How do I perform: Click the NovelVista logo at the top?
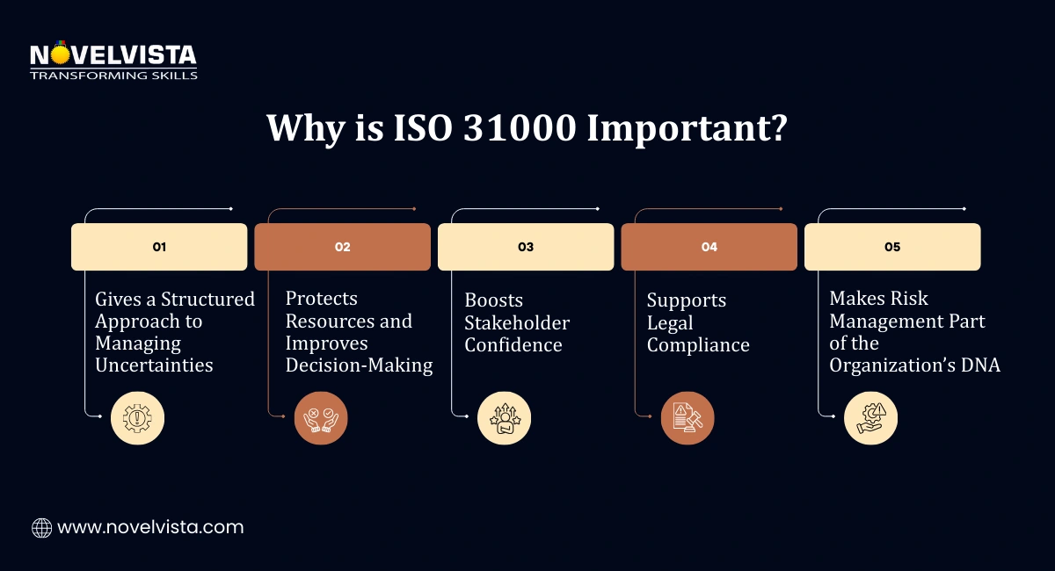point(113,61)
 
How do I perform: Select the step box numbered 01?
point(159,247)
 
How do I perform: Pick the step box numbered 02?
point(343,247)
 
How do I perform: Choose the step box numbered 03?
point(526,247)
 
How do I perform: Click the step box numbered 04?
point(709,247)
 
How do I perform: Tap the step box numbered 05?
point(892,247)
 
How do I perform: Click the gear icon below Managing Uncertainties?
point(137,418)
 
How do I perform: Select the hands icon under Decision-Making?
point(321,418)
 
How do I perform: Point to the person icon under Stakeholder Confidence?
point(505,418)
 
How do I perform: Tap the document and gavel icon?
point(688,418)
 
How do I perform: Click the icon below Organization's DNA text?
point(871,418)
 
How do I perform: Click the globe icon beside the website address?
point(41,528)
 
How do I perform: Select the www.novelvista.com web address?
point(150,528)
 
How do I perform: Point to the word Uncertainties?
point(154,365)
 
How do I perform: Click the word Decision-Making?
point(359,365)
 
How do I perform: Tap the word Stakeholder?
point(517,322)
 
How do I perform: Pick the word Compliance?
point(698,345)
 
